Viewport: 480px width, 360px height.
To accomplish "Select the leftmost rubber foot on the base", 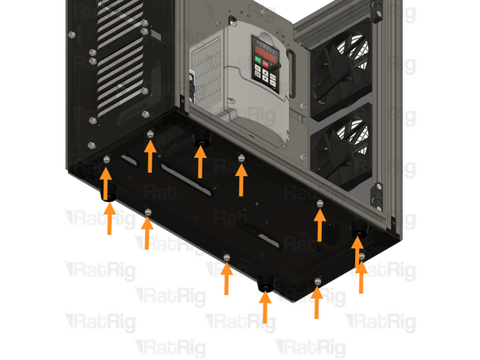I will [107, 195].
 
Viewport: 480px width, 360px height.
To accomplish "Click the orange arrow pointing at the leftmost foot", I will [108, 220].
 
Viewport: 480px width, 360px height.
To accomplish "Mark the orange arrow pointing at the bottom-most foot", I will [264, 309].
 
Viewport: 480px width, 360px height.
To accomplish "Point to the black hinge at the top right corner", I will [376, 8].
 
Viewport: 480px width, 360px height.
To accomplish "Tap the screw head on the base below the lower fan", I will [320, 203].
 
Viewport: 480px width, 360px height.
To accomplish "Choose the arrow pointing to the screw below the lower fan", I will [320, 225].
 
